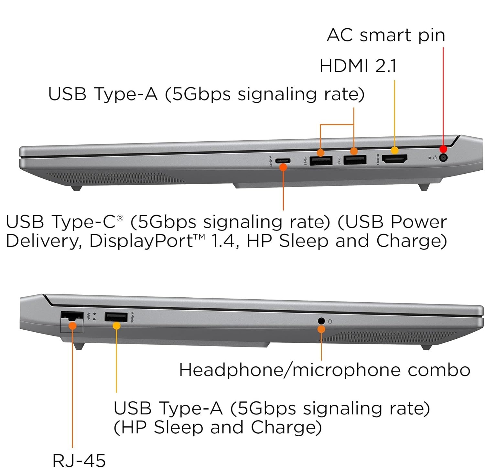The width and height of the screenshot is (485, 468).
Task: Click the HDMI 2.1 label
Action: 358,66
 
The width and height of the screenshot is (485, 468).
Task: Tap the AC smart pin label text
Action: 386,35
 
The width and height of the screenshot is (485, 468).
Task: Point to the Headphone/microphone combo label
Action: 324,370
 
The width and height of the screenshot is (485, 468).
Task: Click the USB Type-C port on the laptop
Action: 283,161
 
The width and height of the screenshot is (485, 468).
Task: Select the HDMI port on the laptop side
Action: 394,159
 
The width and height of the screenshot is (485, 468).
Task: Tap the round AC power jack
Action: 444,158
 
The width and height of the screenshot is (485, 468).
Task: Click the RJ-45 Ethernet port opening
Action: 72,316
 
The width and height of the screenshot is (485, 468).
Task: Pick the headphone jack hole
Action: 321,321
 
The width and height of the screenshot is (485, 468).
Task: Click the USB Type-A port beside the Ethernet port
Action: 116,317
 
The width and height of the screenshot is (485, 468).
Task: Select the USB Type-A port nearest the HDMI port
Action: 355,160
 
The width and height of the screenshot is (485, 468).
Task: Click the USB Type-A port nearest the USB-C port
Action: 321,160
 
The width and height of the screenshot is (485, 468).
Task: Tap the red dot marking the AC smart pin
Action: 443,149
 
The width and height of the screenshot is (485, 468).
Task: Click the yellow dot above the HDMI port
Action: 394,150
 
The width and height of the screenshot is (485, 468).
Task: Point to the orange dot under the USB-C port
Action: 283,167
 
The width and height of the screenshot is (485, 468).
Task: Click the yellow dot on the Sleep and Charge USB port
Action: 116,325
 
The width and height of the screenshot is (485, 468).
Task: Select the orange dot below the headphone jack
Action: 321,329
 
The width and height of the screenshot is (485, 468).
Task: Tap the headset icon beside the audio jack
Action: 330,321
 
